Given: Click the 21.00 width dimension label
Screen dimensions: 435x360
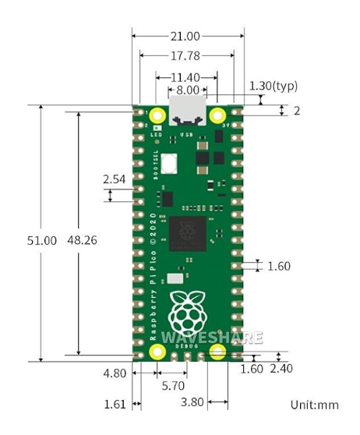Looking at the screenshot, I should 187,36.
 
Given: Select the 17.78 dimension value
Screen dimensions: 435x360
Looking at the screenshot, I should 187,56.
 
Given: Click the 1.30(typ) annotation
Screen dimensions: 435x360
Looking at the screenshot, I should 273,86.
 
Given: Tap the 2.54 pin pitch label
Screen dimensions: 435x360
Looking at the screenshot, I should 114,180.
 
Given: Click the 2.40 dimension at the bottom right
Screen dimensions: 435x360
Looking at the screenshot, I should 281,369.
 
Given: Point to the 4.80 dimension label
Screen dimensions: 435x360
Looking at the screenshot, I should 115,373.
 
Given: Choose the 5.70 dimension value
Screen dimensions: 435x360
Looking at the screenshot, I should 171,385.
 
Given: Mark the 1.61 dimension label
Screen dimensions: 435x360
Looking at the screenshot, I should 115,404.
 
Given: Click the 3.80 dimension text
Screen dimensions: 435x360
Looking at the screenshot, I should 192,404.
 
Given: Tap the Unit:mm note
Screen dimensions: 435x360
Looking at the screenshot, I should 314,405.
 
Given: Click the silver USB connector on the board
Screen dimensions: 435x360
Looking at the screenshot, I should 187,113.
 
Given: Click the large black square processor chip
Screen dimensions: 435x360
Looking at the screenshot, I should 187,234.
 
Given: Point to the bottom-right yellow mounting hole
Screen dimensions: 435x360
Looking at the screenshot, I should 217,352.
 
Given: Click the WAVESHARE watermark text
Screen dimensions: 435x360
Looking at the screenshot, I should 212,338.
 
